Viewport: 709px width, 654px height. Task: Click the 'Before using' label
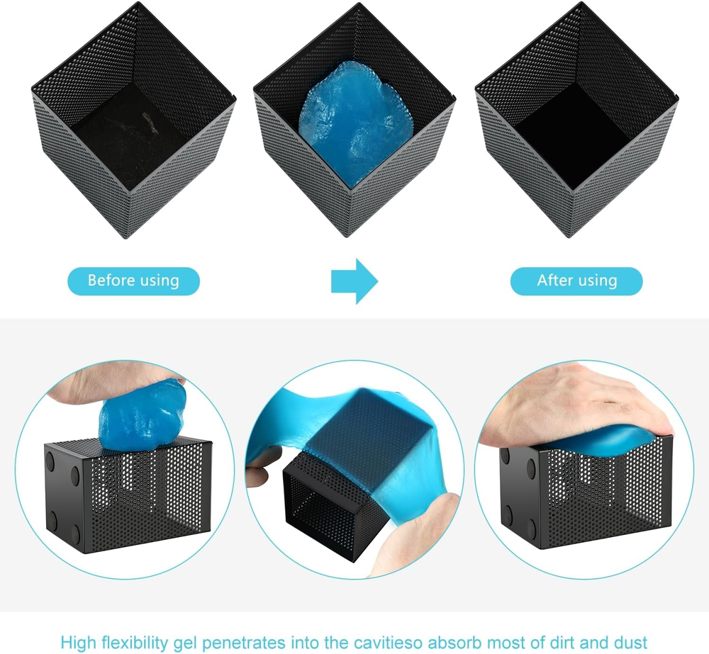tap(133, 281)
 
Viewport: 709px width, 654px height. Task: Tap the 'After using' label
tap(576, 281)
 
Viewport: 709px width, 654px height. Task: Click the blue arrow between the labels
tap(354, 281)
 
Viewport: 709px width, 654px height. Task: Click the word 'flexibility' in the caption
tap(135, 642)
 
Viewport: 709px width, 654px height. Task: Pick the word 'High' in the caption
tap(78, 642)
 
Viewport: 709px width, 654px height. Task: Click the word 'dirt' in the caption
tap(562, 642)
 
